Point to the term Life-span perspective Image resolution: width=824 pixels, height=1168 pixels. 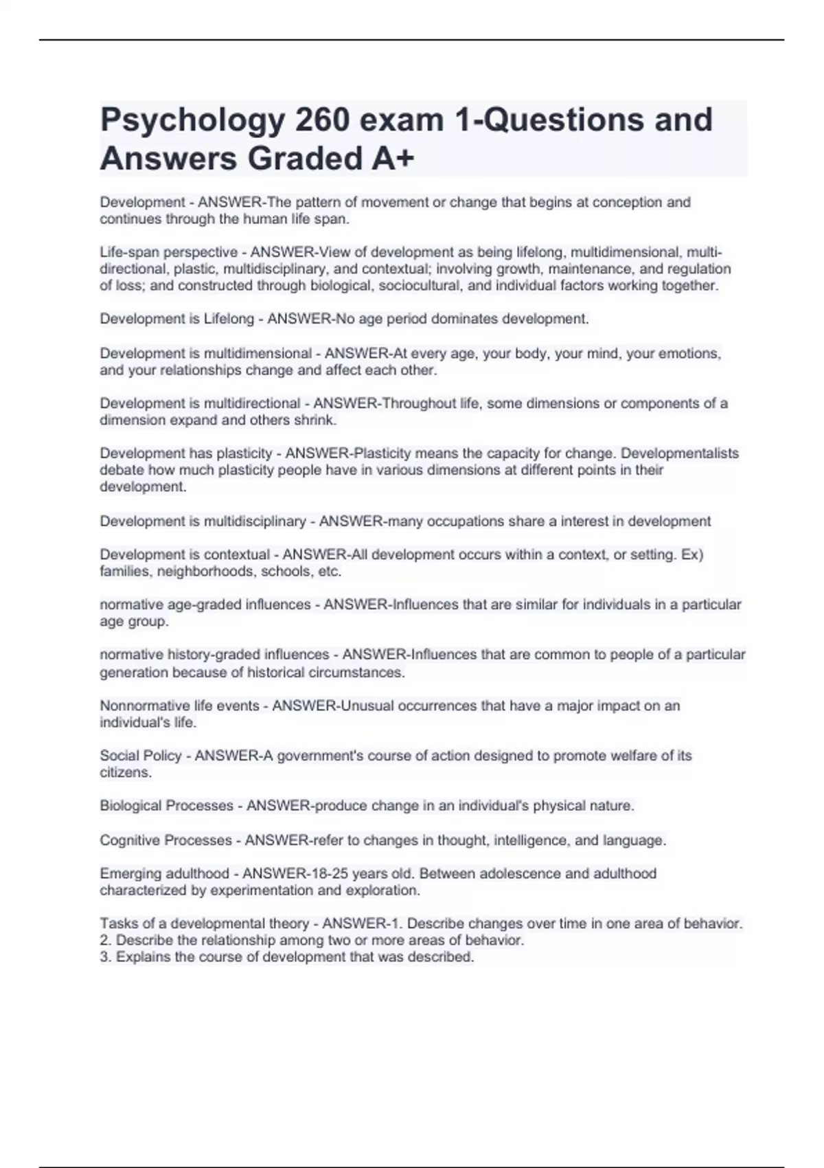point(169,252)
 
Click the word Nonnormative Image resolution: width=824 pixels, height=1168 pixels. point(144,706)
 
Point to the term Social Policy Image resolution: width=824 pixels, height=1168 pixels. point(141,756)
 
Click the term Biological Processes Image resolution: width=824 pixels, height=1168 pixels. point(166,806)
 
